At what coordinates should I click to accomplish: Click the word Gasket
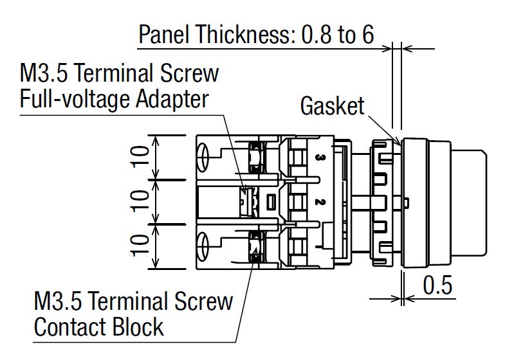332,107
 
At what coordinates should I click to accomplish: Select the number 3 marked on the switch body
320,156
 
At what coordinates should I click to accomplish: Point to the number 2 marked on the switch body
320,202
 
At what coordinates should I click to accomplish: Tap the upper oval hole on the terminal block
203,156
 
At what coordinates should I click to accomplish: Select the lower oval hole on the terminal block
203,246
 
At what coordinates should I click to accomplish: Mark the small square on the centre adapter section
271,201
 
